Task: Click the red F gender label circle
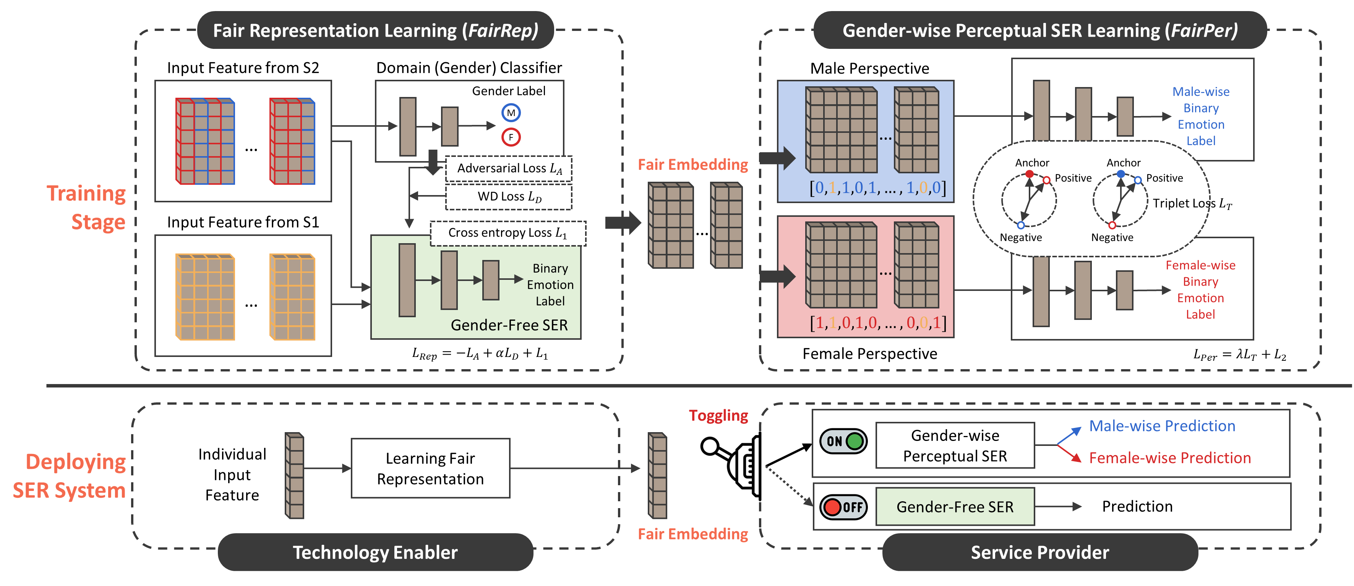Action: [x=511, y=137]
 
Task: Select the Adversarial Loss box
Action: [x=509, y=169]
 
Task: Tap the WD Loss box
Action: [x=509, y=196]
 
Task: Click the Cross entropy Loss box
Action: [x=508, y=233]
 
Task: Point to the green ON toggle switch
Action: [x=843, y=441]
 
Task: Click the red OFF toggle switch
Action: [x=843, y=507]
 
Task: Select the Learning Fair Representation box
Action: [x=430, y=468]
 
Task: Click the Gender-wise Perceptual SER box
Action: [x=955, y=445]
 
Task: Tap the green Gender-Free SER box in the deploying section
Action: [x=955, y=507]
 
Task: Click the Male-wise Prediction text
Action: [x=1162, y=426]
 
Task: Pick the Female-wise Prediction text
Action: [x=1169, y=458]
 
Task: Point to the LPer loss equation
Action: [x=1239, y=355]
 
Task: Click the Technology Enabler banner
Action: [x=375, y=552]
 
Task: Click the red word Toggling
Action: [x=718, y=416]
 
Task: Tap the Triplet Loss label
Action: [x=1192, y=204]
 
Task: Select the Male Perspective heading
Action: [x=869, y=69]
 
